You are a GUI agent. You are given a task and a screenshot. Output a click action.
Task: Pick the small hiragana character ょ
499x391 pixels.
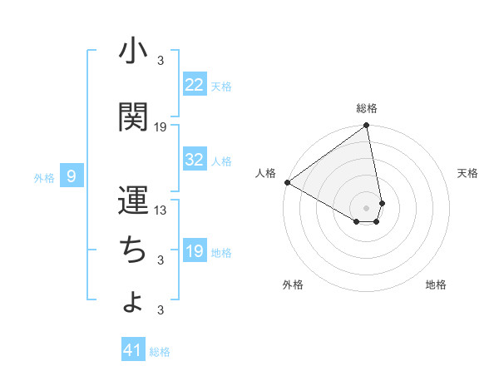133,302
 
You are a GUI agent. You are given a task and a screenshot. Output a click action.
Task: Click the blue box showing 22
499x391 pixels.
195,85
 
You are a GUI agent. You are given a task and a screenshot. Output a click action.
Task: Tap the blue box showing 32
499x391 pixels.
195,160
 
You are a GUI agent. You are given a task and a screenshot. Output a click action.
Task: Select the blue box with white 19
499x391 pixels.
195,251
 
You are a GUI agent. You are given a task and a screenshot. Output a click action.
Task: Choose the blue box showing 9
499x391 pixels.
72,176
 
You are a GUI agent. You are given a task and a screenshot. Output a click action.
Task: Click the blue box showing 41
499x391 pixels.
133,350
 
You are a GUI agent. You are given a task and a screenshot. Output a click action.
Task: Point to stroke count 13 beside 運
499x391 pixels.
161,210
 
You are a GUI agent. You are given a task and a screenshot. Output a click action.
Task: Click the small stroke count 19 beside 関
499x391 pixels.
161,127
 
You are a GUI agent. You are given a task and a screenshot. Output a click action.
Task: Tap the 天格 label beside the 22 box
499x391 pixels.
221,86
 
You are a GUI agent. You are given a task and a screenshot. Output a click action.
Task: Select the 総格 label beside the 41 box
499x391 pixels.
160,352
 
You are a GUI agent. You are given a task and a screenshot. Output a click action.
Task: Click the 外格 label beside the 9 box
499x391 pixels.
44,177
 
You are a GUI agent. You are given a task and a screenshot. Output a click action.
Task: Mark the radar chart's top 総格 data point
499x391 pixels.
366,126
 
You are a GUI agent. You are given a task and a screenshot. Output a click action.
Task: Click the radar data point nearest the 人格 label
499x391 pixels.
287,182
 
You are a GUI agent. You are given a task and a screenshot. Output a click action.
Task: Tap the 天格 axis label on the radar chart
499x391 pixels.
468,173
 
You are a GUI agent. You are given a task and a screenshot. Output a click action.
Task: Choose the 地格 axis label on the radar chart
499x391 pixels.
436,285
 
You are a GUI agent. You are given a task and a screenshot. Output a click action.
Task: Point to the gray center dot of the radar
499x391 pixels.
366,207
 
